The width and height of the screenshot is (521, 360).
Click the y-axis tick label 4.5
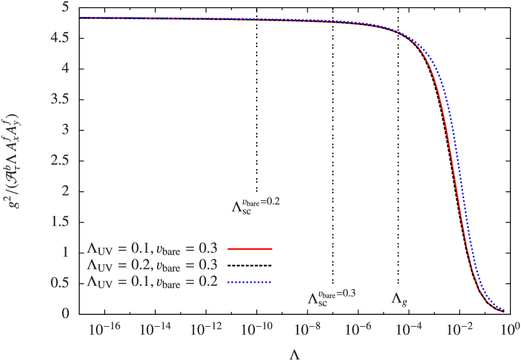tap(60, 38)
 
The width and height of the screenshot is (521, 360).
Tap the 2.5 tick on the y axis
tap(60, 160)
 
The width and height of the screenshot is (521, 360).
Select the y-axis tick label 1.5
tap(60, 221)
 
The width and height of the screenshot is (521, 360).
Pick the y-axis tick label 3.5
tap(60, 99)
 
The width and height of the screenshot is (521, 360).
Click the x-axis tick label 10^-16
tap(100, 328)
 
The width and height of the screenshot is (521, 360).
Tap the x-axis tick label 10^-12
tap(203, 328)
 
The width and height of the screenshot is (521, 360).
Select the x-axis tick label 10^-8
tap(306, 328)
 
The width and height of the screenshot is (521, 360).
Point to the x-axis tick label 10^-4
tap(408, 328)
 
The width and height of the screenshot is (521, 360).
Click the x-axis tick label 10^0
tap(510, 328)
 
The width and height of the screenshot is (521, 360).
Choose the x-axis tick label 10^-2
tap(459, 328)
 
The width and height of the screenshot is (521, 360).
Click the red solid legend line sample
tap(249, 249)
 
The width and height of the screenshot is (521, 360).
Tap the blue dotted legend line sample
tap(249, 282)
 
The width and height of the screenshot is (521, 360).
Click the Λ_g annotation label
tap(399, 299)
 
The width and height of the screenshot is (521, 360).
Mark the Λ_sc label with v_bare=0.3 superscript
tap(331, 297)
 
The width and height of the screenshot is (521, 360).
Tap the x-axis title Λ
tap(296, 354)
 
